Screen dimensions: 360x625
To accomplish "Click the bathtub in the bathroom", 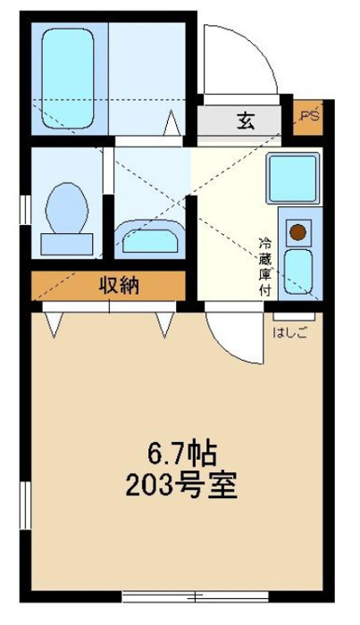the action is tap(68, 79).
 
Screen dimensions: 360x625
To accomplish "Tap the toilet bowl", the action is tap(67, 208).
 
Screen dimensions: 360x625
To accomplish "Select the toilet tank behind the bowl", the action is tap(67, 245).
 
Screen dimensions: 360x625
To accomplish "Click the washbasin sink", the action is tap(150, 239).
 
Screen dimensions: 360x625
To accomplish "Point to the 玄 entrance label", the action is tap(246, 121).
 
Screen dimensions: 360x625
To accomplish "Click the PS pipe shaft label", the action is tap(310, 116).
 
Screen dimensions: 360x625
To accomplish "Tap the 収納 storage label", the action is tap(119, 285).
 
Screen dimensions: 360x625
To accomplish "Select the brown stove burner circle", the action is tap(297, 232).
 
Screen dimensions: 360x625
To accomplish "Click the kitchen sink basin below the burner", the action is tap(298, 272).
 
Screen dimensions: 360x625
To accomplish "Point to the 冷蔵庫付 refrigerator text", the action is tap(264, 267).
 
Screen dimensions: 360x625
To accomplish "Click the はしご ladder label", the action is tap(290, 333).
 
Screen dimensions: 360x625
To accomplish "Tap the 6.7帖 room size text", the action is tap(182, 454).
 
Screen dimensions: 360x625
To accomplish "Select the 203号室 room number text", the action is tap(181, 485).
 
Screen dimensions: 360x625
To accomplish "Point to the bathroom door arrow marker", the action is tap(172, 122).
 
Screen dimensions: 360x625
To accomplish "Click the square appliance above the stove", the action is tap(293, 179).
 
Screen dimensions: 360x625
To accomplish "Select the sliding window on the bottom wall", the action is tap(196, 596).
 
